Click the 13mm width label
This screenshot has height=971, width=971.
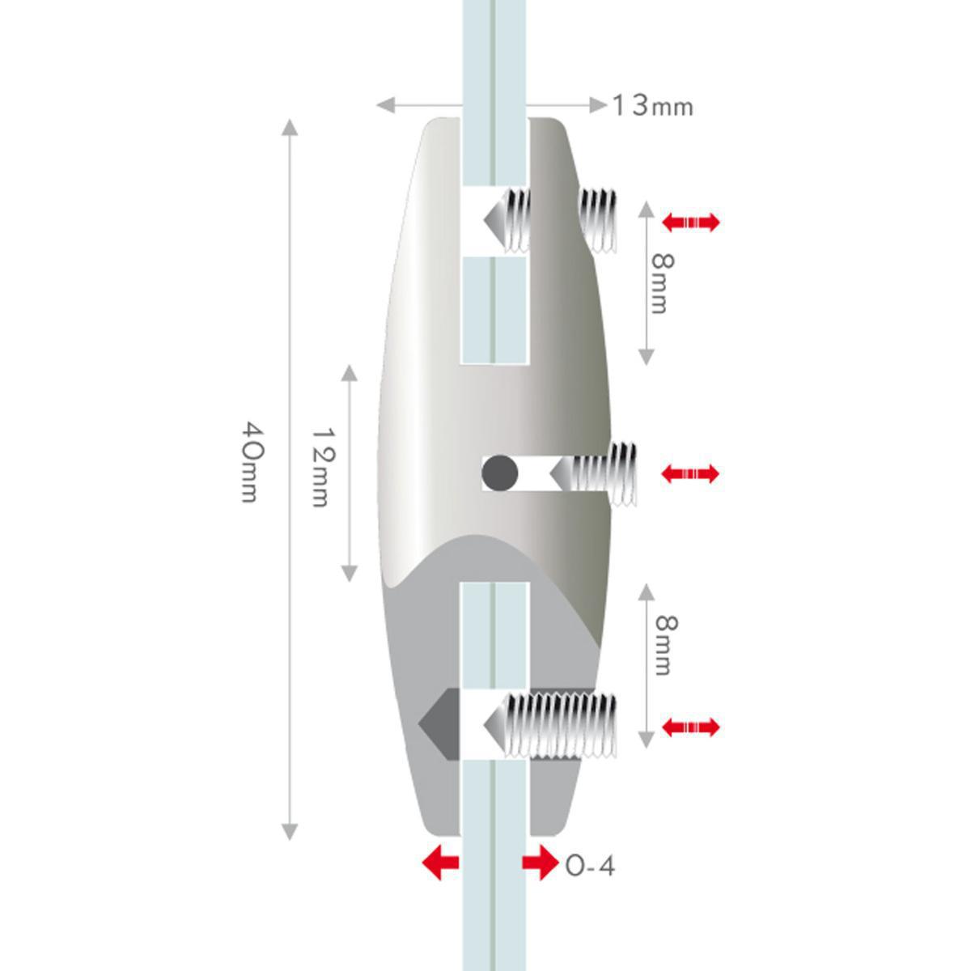[652, 106]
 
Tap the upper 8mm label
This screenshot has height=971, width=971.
[662, 283]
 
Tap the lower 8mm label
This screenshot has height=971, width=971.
[666, 645]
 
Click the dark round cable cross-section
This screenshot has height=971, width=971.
[499, 473]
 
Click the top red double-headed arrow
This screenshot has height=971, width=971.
[690, 222]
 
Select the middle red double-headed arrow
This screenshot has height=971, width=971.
[690, 473]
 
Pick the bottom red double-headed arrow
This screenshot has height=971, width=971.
[690, 727]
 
